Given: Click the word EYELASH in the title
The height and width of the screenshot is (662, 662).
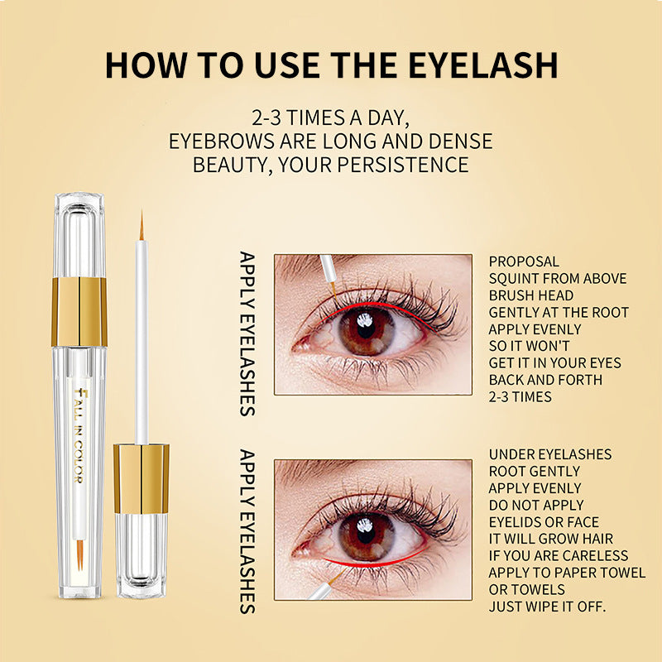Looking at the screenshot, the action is coord(483,65).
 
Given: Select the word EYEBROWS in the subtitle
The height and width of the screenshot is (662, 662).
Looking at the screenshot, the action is coord(221,141).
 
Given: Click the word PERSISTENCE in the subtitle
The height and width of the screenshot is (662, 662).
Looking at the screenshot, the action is coord(403,165).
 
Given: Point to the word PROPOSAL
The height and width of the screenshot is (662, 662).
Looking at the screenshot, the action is coord(524,261).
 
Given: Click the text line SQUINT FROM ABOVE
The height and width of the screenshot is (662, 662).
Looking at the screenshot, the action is coord(558,278).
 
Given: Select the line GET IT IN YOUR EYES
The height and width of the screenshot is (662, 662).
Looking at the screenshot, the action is coord(554,362).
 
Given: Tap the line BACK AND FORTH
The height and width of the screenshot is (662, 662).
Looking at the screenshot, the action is coord(545,380).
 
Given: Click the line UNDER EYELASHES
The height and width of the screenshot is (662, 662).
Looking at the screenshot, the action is coord(550,454).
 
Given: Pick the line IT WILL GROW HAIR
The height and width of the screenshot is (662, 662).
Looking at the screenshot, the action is coord(551,539).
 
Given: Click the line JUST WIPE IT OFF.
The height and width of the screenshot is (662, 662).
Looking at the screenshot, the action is coord(547,607).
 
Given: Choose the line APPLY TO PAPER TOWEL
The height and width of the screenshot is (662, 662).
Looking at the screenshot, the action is coord(567,573).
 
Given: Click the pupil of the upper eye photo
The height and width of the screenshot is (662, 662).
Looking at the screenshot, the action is coord(366,330).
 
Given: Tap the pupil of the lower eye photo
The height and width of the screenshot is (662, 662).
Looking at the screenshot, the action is coord(366,535).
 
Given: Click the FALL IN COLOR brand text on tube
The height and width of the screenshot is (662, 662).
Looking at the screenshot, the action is coord(79,435).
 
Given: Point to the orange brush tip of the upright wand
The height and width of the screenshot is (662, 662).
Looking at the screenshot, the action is coord(142,226).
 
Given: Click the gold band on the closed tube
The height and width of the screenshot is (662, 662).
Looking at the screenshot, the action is coord(79,312).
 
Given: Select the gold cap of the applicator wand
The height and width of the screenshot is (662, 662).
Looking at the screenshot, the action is coord(141,479).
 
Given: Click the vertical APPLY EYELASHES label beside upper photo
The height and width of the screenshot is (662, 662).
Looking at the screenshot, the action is coord(247,334).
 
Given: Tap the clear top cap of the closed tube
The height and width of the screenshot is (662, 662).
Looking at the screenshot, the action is coord(79,235).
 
